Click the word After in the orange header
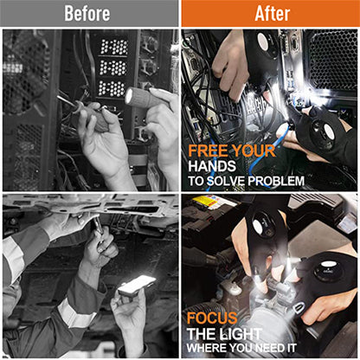[x=270, y=13]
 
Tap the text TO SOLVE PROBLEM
[x=246, y=181]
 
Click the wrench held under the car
[x=99, y=231]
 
